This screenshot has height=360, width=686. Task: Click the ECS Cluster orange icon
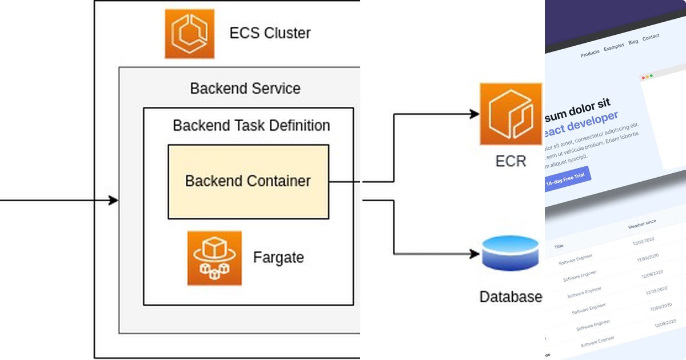[190, 34]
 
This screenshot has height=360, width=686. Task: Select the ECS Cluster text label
[270, 33]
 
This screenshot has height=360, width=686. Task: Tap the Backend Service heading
[245, 89]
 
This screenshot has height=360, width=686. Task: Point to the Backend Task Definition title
[251, 125]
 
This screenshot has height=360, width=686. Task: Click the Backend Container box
[248, 182]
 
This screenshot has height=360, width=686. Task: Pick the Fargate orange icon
[214, 258]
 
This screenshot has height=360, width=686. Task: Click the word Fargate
[278, 257]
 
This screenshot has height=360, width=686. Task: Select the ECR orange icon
[510, 114]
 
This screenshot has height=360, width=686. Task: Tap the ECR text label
[510, 161]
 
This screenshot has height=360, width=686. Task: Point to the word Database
[510, 297]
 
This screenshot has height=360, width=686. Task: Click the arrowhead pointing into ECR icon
[474, 114]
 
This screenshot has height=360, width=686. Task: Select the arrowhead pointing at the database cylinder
[474, 253]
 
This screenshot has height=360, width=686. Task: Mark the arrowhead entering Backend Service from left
[114, 201]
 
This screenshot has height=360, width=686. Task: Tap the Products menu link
[590, 53]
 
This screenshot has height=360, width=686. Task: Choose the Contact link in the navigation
[651, 37]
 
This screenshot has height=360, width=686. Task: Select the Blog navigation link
[633, 42]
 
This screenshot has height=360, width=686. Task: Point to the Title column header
[559, 246]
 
